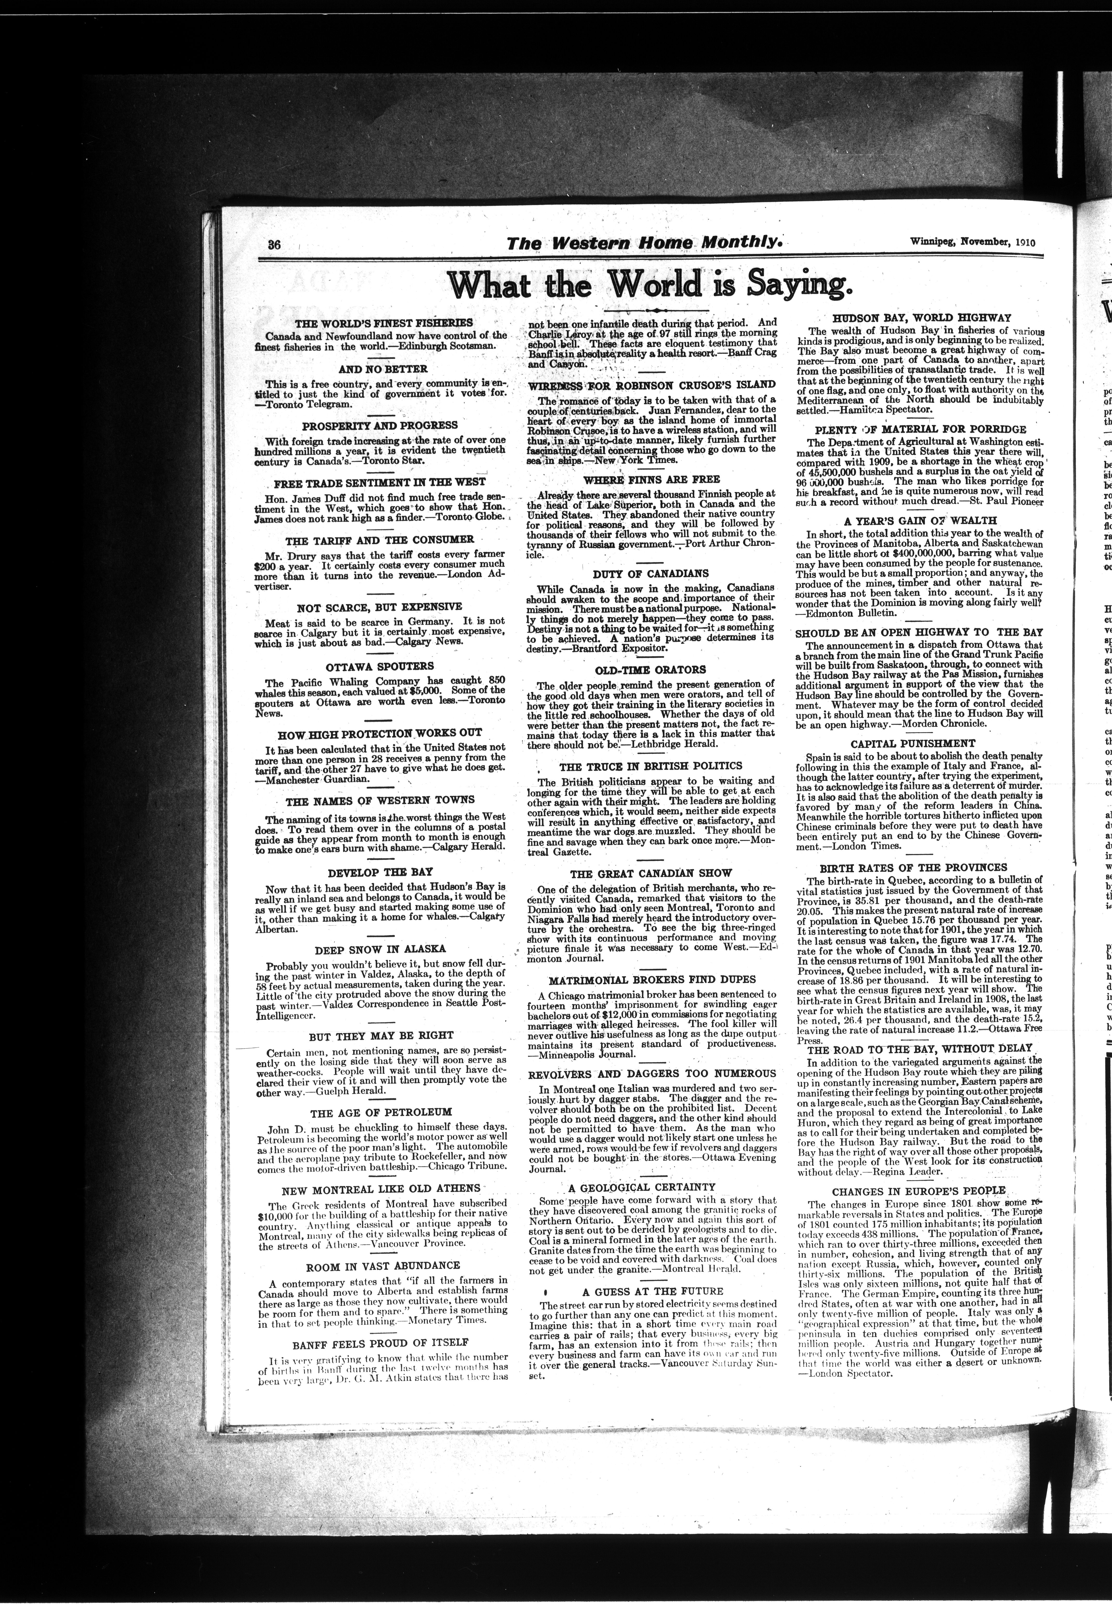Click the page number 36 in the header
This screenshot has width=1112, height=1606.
point(273,244)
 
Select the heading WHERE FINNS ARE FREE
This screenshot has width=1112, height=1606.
point(651,480)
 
